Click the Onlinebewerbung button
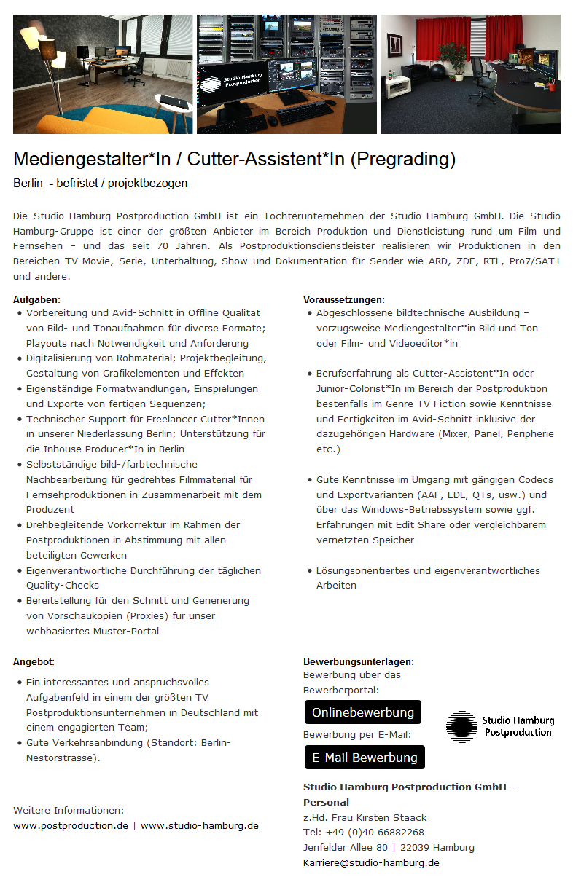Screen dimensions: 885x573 [362, 712]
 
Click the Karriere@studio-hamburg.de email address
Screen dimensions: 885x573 [371, 862]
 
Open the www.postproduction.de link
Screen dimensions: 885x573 [71, 825]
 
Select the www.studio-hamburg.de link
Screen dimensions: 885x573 [199, 825]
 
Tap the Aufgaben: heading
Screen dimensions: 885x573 [36, 299]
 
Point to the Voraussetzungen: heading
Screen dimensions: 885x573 [344, 299]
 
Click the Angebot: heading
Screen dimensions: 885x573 [34, 661]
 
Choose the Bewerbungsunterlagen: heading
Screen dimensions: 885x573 [359, 661]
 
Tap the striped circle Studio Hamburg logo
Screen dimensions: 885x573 [461, 726]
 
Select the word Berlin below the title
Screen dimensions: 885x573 [28, 183]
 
